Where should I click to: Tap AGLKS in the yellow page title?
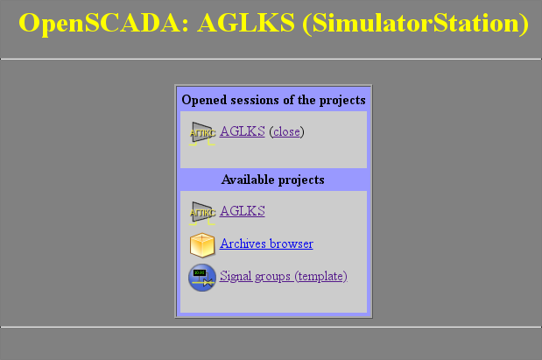point(246,23)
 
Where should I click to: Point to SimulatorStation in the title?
point(416,23)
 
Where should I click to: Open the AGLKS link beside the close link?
point(243,131)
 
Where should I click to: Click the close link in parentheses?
point(286,131)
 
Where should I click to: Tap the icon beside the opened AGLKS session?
point(202,133)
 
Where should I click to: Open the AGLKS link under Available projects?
point(243,211)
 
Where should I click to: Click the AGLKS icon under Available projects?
point(202,213)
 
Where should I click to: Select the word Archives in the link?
point(243,244)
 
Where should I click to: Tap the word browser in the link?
point(291,244)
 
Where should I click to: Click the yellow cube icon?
point(202,245)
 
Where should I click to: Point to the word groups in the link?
point(273,277)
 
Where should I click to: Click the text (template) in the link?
point(320,276)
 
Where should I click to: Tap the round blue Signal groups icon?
point(202,278)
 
